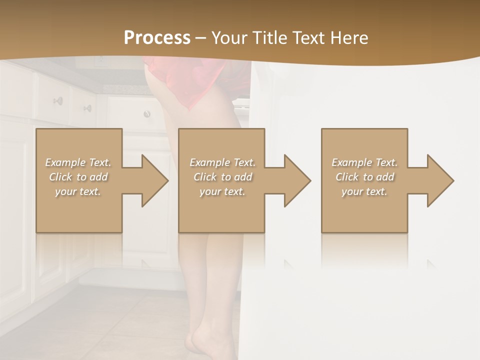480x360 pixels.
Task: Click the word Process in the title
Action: pyautogui.click(x=157, y=38)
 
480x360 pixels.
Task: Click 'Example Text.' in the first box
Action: pyautogui.click(x=78, y=162)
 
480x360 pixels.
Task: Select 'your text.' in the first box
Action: pyautogui.click(x=78, y=191)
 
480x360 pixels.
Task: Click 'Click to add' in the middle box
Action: pyautogui.click(x=222, y=177)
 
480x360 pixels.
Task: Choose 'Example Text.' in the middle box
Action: pyautogui.click(x=222, y=162)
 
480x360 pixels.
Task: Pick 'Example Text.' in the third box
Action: pyautogui.click(x=364, y=162)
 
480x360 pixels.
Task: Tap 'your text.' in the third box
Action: pyautogui.click(x=364, y=191)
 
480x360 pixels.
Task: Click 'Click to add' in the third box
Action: pyautogui.click(x=364, y=177)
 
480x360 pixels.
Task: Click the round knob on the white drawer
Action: pyautogui.click(x=147, y=114)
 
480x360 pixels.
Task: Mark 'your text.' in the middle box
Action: pyautogui.click(x=222, y=191)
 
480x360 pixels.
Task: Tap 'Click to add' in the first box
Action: pyautogui.click(x=78, y=177)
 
